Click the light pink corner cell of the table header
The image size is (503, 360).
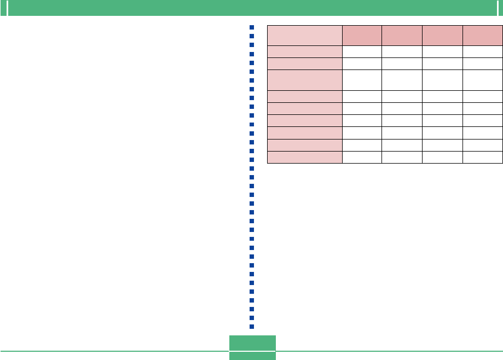(x=304, y=35)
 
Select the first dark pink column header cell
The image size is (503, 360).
(x=362, y=35)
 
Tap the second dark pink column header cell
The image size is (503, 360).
(x=402, y=35)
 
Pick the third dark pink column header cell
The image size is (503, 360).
(x=442, y=35)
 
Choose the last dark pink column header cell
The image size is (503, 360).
(x=483, y=35)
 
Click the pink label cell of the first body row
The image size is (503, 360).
(x=304, y=52)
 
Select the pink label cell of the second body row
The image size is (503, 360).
(x=304, y=63)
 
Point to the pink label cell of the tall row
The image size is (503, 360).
(x=304, y=80)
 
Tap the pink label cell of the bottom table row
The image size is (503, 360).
(x=304, y=157)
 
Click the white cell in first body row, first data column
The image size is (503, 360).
(x=362, y=52)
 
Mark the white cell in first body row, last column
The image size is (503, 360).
(x=483, y=52)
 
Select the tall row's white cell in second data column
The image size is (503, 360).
(x=402, y=80)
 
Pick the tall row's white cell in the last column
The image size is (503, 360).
(x=483, y=80)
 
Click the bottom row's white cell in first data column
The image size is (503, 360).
(x=362, y=157)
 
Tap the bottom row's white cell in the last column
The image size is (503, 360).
(x=483, y=157)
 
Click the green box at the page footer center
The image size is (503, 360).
(x=252, y=347)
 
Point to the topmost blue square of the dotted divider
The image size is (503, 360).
(x=252, y=27)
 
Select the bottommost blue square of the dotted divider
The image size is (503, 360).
(x=252, y=327)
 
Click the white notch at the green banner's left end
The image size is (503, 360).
(x=8, y=7)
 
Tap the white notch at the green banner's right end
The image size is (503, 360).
(x=495, y=7)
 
